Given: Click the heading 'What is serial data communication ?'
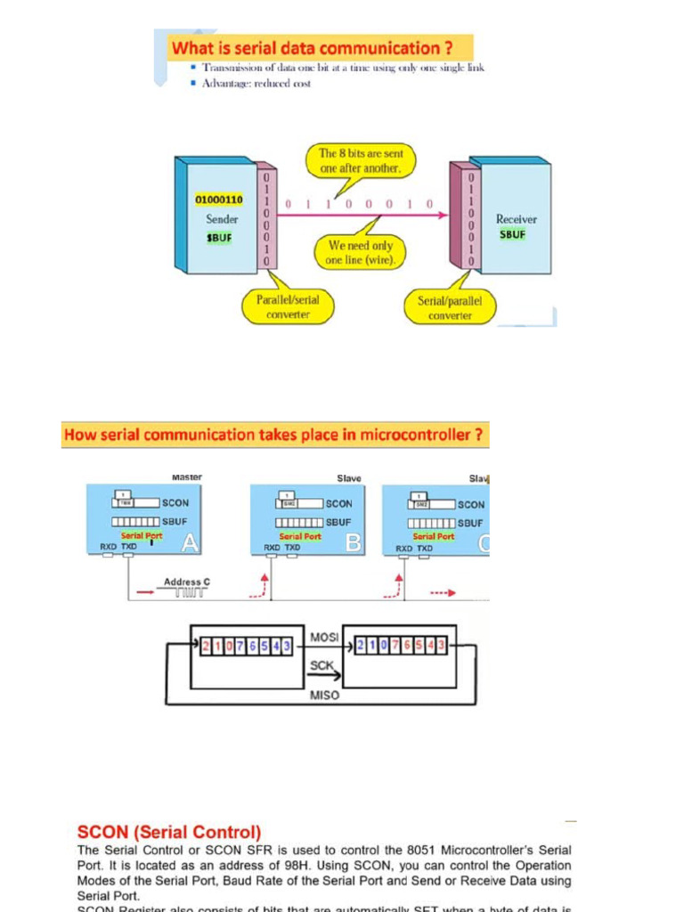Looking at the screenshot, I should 318,47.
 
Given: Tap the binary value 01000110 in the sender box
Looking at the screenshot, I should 219,199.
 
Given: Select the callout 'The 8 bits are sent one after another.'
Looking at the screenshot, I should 361,161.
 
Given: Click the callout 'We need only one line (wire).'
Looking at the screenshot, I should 361,252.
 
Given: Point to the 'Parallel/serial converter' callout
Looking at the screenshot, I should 282,307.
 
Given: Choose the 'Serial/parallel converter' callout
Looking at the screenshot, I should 450,307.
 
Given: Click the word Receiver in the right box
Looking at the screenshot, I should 517,218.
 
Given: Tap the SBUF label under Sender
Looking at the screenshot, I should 219,238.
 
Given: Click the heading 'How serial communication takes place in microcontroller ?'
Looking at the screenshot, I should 274,436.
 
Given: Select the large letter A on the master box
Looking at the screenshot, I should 190,542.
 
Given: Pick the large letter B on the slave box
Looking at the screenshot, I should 354,542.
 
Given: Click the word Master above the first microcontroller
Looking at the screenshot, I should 186,477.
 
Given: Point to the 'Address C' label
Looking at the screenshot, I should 187,582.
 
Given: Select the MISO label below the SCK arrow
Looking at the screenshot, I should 324,695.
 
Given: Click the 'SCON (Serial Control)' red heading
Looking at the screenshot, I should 169,832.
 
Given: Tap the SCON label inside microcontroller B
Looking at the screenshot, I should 338,503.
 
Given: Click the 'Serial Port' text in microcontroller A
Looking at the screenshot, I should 142,536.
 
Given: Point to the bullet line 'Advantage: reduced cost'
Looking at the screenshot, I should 256,84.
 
